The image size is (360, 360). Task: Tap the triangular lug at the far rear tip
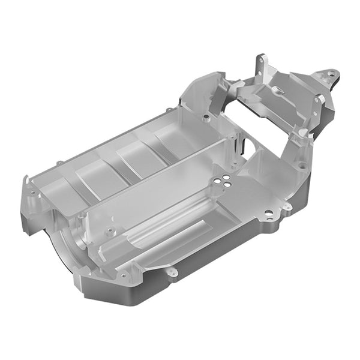[329, 74]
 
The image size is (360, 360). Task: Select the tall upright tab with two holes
[261, 65]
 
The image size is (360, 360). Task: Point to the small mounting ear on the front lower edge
[173, 274]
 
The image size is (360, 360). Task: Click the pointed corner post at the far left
[26, 180]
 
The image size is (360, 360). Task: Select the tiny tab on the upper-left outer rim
[59, 163]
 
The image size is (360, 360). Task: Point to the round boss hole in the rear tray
[278, 90]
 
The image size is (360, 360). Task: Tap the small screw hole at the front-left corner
[124, 277]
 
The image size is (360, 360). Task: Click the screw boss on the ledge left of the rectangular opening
[206, 118]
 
